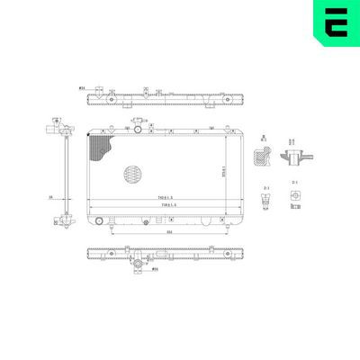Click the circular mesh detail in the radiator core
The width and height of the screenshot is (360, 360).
(131, 172)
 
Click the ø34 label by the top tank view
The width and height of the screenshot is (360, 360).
(83, 88)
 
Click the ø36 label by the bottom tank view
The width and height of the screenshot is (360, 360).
(155, 268)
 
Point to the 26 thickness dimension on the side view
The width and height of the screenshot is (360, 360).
(51, 197)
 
